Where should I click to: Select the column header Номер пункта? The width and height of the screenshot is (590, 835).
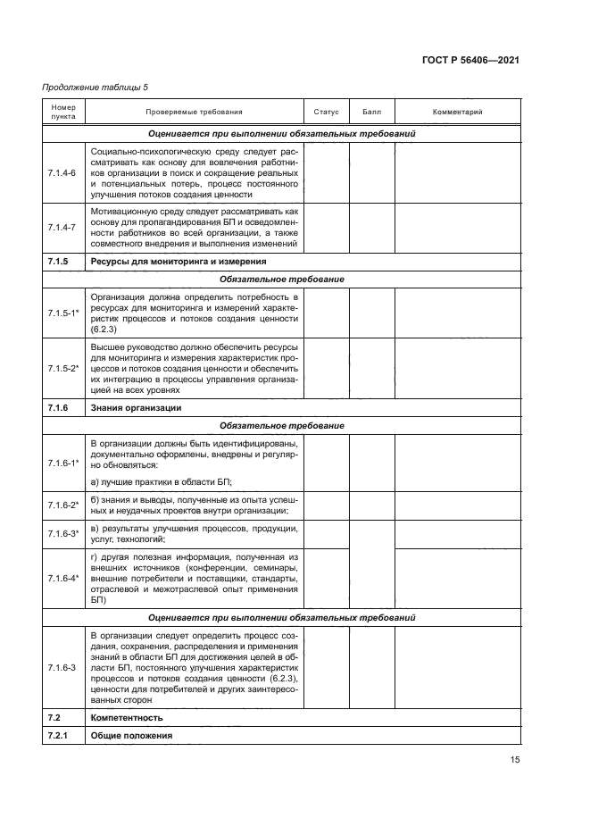(x=62, y=112)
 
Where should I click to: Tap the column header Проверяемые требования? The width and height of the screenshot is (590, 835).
(x=194, y=113)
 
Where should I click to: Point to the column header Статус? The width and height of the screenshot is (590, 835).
(x=327, y=113)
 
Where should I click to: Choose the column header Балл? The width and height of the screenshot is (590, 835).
(x=371, y=113)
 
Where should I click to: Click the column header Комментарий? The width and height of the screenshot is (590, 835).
(x=457, y=113)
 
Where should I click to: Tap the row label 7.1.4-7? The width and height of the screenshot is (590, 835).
(x=62, y=228)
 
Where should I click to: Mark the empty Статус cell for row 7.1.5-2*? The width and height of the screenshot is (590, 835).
(x=327, y=367)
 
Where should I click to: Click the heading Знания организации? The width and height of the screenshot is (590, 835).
(x=136, y=407)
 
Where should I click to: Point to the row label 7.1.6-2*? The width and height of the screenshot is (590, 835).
(x=63, y=505)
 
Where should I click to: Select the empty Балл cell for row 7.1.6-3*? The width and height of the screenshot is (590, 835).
(x=371, y=534)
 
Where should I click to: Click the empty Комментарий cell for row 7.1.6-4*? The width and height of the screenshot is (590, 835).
(x=457, y=579)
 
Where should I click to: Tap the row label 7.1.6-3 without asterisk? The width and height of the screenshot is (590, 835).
(x=62, y=667)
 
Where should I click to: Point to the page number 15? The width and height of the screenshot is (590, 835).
(x=515, y=761)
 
